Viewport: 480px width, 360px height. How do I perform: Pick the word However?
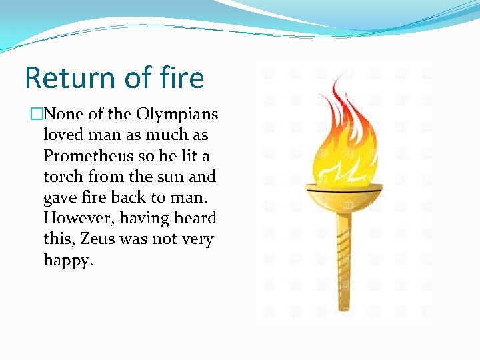(73, 218)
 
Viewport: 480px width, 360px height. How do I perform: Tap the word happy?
(67, 260)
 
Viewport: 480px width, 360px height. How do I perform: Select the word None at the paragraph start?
(65, 114)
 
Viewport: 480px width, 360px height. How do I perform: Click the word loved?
(63, 135)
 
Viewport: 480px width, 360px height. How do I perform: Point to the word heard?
(195, 218)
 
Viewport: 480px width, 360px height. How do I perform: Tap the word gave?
(59, 197)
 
